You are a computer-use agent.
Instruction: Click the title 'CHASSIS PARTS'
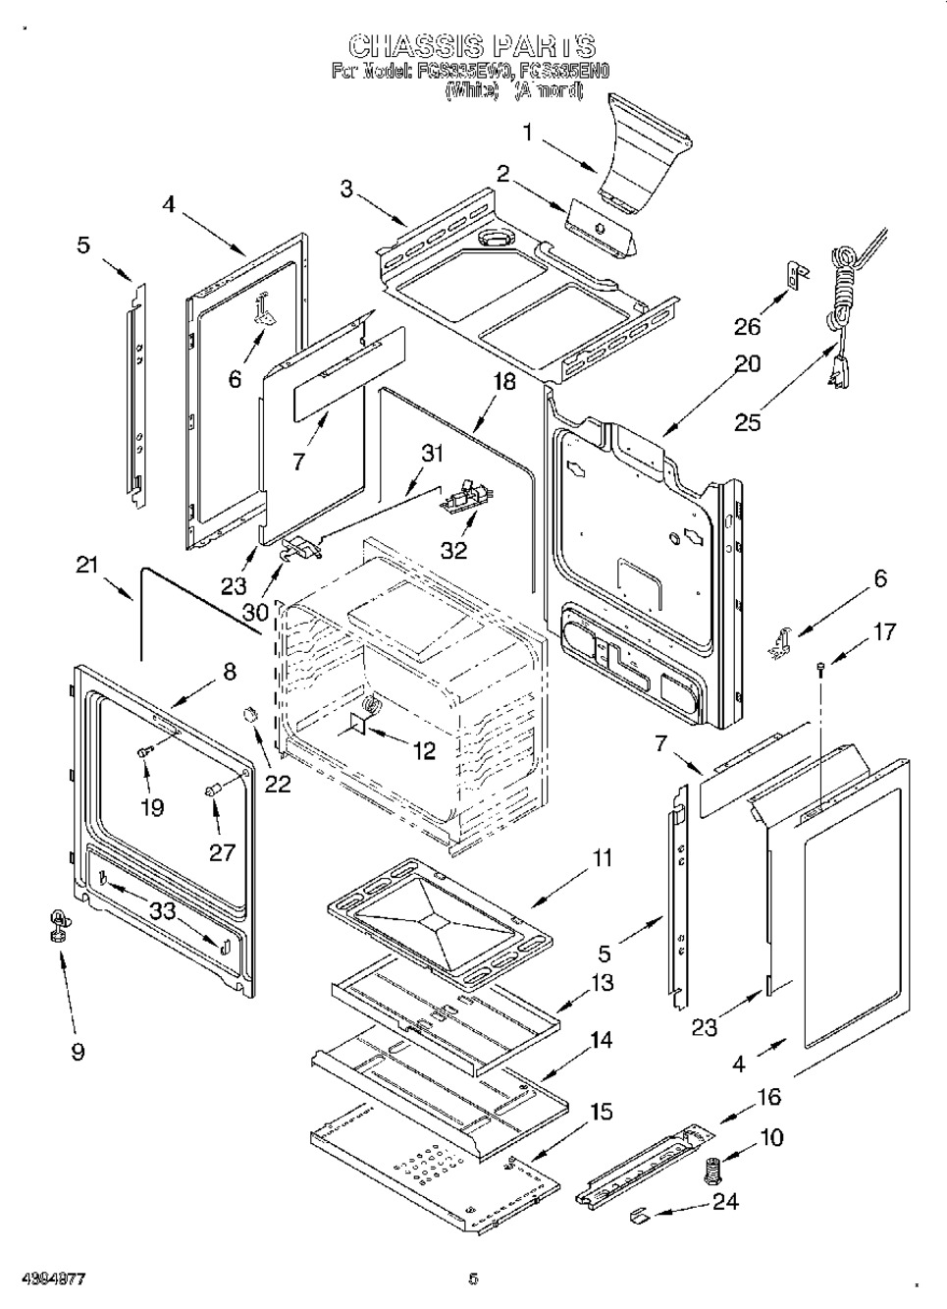pos(472,46)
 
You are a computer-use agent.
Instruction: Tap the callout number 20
pos(748,364)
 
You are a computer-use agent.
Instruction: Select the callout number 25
pos(748,422)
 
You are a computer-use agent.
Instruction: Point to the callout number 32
pos(453,550)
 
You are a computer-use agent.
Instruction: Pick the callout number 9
pos(78,1052)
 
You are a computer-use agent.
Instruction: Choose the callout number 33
pos(162,911)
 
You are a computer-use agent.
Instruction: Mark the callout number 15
pos(601,1112)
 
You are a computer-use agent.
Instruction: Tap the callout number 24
pos(724,1200)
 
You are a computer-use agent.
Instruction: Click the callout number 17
pos(885,631)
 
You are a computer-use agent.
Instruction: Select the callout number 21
pos(87,565)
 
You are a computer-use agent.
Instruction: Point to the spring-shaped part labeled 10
pos(712,1172)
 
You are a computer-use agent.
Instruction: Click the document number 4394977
pos(46,1280)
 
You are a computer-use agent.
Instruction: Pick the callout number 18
pos(504,382)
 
